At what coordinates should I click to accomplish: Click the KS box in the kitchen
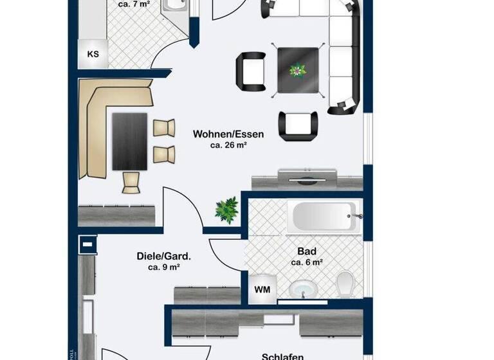pyautogui.click(x=93, y=54)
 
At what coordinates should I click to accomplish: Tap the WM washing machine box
pyautogui.click(x=262, y=290)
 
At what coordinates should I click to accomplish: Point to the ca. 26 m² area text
pyautogui.click(x=228, y=146)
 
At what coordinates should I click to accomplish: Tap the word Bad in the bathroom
pyautogui.click(x=306, y=251)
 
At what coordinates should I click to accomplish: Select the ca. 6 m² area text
pyautogui.click(x=306, y=262)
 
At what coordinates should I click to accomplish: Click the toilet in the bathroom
pyautogui.click(x=345, y=283)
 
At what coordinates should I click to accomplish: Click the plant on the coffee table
pyautogui.click(x=297, y=70)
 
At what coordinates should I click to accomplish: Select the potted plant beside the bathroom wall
pyautogui.click(x=226, y=210)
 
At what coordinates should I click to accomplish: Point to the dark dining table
pyautogui.click(x=130, y=141)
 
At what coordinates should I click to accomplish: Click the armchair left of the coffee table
pyautogui.click(x=251, y=71)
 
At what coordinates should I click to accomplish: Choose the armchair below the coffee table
pyautogui.click(x=298, y=125)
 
